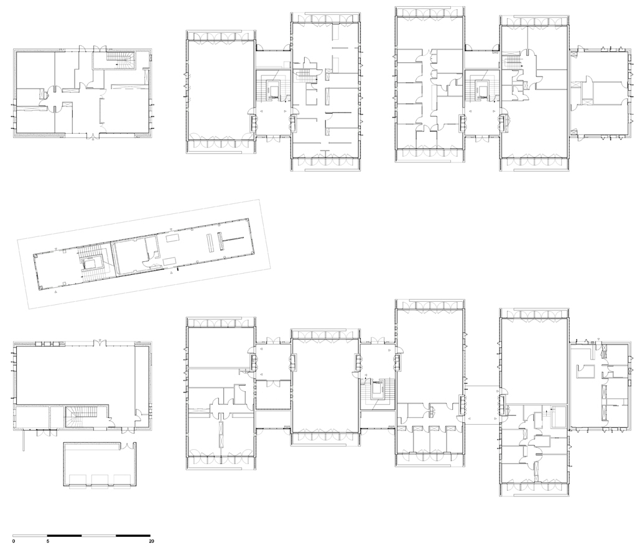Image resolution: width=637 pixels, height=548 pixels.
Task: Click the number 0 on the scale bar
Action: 14,541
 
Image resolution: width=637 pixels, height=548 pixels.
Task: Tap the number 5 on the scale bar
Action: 48,541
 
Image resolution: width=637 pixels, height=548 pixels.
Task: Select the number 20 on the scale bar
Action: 152,541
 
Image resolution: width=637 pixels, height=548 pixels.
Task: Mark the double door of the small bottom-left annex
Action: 128,445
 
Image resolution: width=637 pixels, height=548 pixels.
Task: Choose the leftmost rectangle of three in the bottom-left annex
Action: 81,480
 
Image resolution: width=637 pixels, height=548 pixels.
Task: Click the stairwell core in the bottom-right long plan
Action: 378,394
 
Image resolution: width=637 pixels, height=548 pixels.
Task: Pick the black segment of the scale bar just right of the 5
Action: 65,536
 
